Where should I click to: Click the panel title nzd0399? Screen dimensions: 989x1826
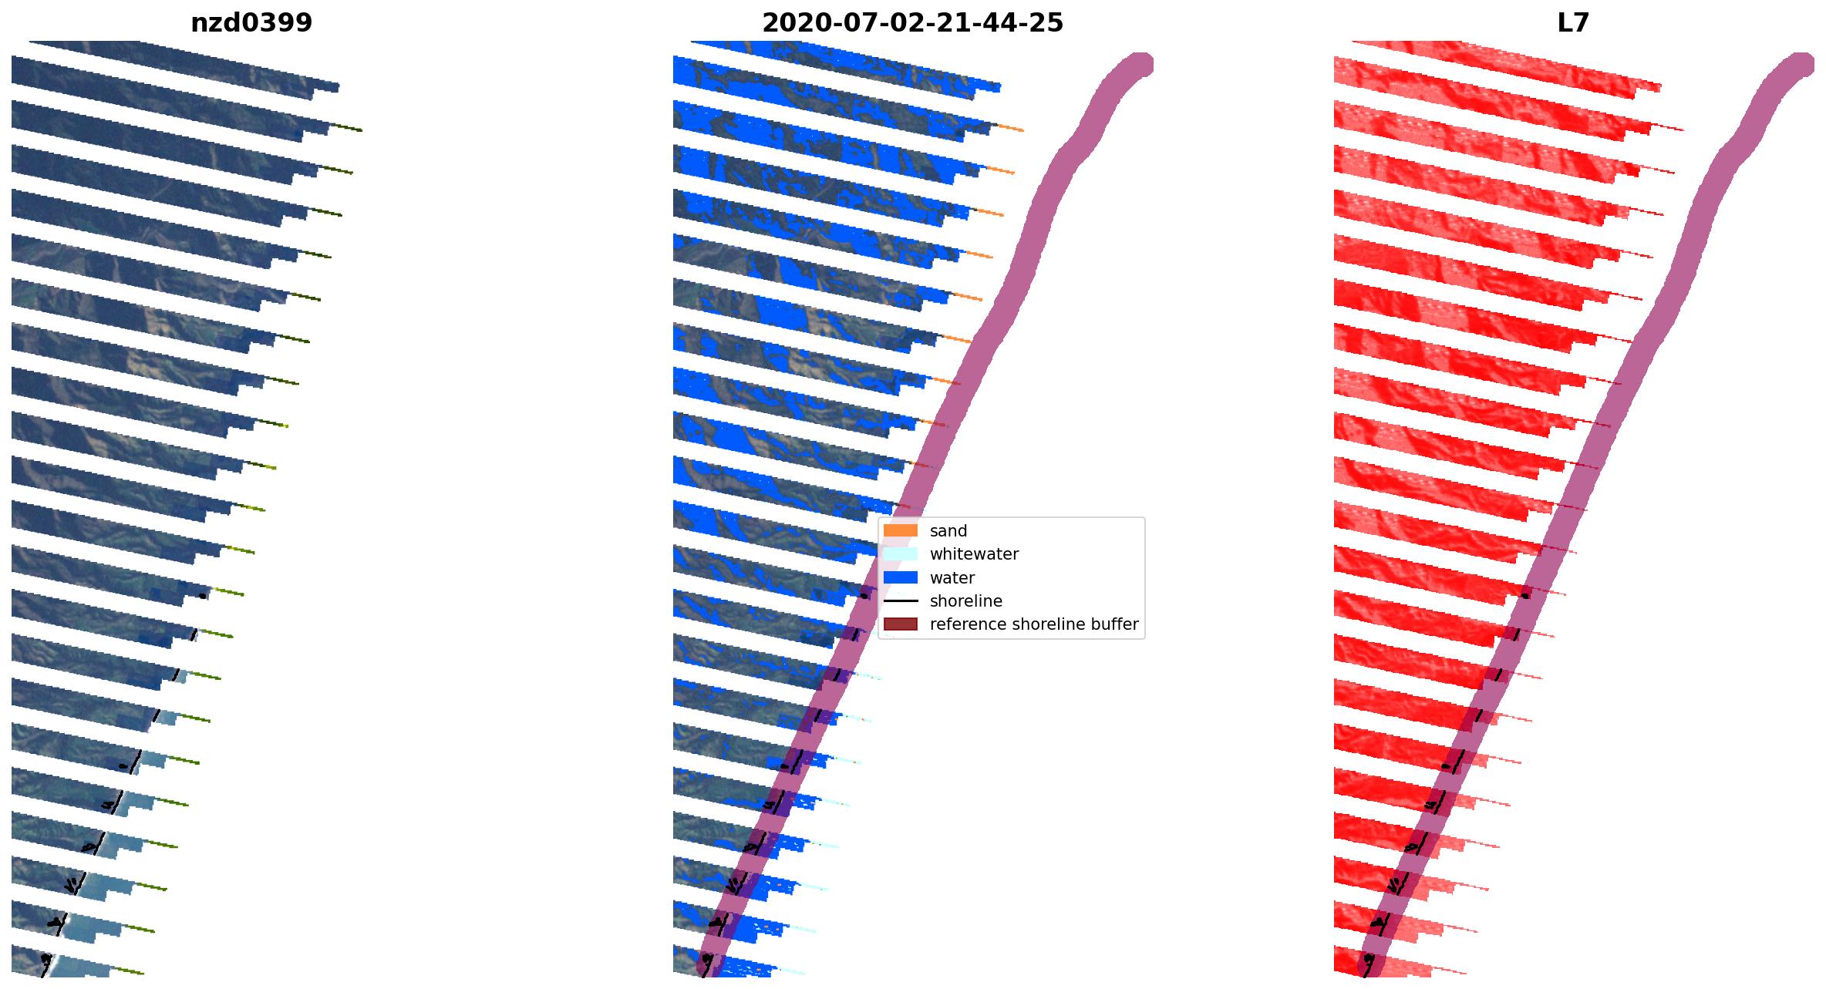coord(251,23)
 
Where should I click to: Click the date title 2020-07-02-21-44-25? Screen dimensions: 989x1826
coord(912,23)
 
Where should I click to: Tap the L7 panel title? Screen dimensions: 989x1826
coord(1573,23)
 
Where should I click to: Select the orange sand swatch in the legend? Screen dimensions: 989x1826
coord(900,531)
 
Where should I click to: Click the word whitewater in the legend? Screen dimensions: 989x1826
coord(974,554)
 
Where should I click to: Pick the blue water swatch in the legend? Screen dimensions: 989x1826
coord(900,577)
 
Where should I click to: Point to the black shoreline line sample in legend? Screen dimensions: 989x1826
coord(900,601)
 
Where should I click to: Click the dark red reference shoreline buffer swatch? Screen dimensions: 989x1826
coord(900,624)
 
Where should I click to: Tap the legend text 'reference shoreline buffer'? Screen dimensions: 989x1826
coord(1033,624)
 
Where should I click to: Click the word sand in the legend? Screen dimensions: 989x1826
coord(948,531)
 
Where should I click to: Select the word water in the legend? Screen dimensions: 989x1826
coord(952,577)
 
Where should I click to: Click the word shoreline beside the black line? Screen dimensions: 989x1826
coord(965,601)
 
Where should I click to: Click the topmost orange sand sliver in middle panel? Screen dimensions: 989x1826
coord(1010,127)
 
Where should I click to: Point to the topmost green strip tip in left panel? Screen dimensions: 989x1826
coord(347,127)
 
